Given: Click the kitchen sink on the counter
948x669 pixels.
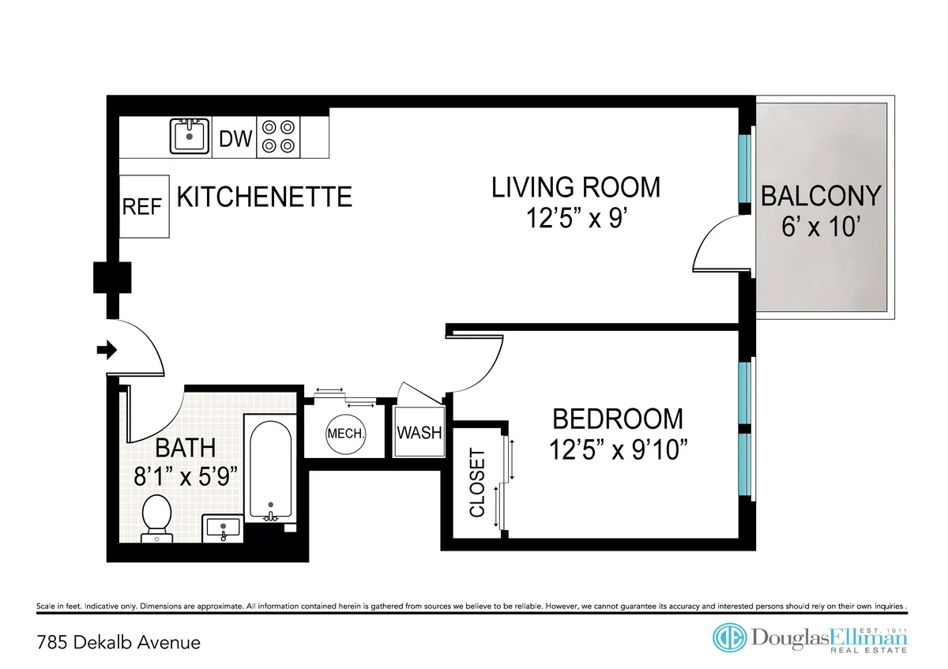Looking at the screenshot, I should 190,137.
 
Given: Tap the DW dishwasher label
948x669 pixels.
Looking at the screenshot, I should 235,140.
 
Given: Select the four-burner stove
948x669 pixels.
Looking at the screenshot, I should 280,136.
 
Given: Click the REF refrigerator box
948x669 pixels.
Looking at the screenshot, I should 143,207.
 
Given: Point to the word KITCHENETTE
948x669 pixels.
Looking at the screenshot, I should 264,197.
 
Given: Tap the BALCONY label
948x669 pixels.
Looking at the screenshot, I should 821,196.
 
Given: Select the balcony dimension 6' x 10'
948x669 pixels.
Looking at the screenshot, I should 821,227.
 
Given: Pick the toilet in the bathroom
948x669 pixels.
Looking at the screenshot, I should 156,517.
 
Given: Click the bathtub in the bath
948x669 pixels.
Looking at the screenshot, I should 269,467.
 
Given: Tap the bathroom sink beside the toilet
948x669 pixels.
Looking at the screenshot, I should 224,527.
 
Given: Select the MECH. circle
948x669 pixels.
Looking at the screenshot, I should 345,434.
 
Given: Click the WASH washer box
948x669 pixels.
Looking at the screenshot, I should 419,433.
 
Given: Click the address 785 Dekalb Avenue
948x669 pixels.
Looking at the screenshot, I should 118,642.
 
